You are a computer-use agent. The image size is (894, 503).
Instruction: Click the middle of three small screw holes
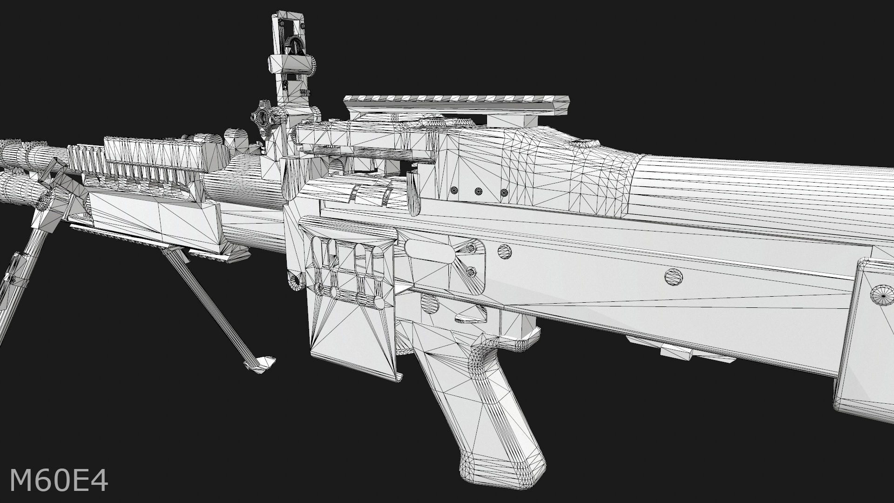coord(478,191)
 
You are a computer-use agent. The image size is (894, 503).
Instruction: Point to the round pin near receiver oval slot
coord(504,252)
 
